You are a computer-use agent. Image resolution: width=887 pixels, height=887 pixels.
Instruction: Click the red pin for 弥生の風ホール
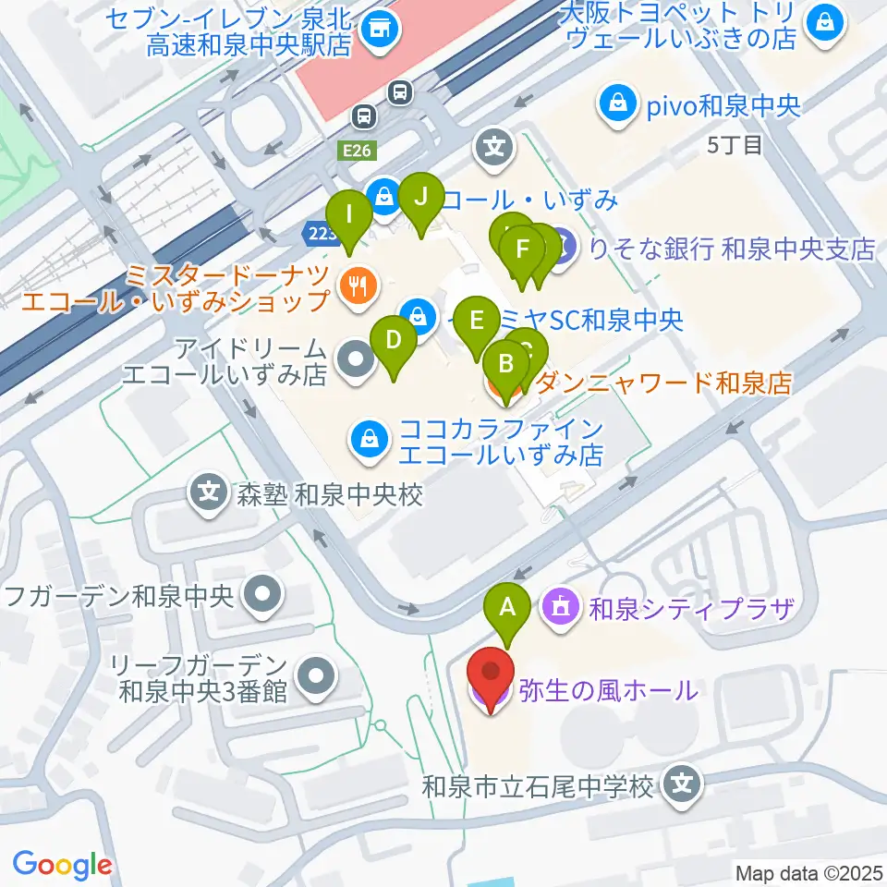click(491, 680)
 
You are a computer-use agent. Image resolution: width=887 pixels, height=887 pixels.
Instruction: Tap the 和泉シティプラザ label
click(691, 608)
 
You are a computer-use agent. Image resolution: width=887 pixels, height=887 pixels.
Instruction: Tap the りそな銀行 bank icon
click(562, 248)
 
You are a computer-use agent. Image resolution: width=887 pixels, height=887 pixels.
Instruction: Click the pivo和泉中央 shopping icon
click(616, 104)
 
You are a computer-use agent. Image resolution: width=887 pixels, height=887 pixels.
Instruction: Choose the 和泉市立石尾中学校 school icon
click(683, 786)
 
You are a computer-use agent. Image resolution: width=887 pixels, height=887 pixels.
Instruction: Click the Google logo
click(62, 865)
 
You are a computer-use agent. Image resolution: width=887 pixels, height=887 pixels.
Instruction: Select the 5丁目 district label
click(735, 145)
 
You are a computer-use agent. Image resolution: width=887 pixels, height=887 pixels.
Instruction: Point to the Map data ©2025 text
click(809, 872)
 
